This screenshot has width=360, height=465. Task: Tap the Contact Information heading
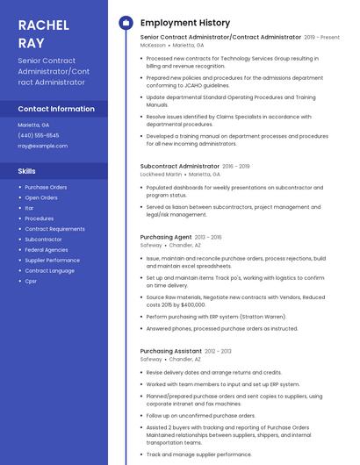[56, 109]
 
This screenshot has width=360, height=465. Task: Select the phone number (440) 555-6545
[39, 135]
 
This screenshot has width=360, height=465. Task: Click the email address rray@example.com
[42, 146]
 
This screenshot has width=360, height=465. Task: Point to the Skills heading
[27, 171]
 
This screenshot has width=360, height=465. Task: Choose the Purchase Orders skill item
[46, 187]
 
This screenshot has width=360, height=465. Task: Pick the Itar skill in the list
[30, 208]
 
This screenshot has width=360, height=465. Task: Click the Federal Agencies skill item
[46, 249]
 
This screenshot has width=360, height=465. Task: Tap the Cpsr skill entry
[31, 281]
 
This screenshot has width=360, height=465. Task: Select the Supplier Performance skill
[52, 260]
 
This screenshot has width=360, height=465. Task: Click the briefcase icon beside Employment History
[126, 22]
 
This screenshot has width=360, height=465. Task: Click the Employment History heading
[185, 23]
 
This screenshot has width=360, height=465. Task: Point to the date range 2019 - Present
[321, 38]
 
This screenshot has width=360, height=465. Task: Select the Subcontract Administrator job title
[179, 166]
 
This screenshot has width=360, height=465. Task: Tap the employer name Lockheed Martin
[162, 175]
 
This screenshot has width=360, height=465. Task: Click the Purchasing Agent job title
[166, 237]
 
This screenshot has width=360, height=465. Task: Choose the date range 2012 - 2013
[218, 351]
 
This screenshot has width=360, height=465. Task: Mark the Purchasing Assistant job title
[171, 351]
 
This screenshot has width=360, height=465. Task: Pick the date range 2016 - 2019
[236, 166]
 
